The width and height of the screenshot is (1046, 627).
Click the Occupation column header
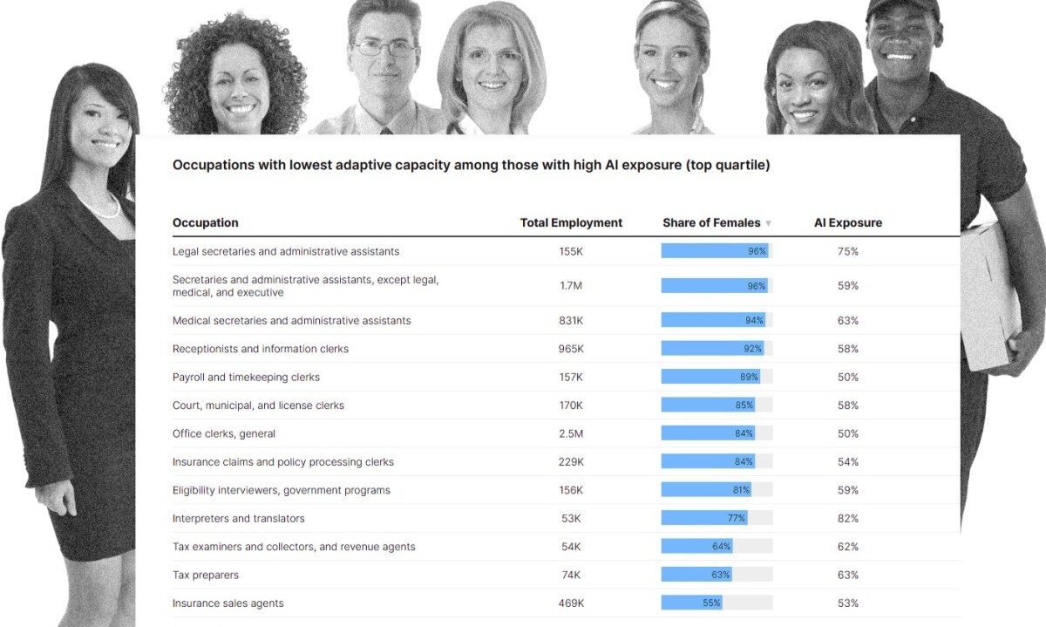click(x=205, y=222)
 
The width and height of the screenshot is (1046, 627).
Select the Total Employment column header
click(x=571, y=222)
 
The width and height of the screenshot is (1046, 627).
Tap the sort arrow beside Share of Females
click(x=768, y=223)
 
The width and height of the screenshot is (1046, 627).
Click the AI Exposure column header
click(x=847, y=222)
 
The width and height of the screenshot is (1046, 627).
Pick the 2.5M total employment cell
click(x=571, y=433)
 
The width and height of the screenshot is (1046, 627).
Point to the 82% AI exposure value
click(x=847, y=518)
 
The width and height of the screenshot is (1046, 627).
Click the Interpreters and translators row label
click(x=238, y=518)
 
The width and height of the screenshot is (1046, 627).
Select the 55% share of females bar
click(x=691, y=603)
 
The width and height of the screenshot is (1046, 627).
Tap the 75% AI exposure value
click(x=847, y=251)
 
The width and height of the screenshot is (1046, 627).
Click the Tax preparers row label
click(x=205, y=575)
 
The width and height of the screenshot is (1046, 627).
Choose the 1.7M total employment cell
click(x=571, y=285)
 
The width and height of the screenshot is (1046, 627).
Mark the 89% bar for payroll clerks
click(x=710, y=377)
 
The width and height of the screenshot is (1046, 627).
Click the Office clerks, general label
click(x=223, y=433)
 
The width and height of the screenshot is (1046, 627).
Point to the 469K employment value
click(x=571, y=603)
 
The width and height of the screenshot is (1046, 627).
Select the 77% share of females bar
click(x=703, y=518)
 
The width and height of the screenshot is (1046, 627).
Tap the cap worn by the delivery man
click(x=901, y=9)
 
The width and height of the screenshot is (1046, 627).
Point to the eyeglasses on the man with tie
click(x=384, y=49)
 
